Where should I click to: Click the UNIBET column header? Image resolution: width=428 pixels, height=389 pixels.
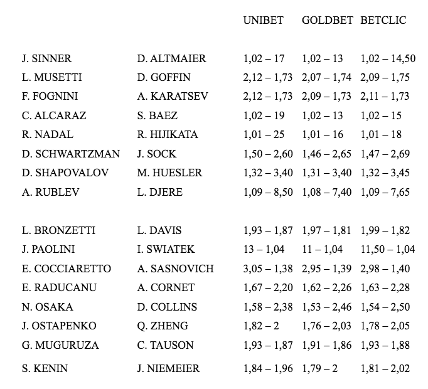pyautogui.click(x=263, y=20)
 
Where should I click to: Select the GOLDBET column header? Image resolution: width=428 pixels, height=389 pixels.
pyautogui.click(x=327, y=20)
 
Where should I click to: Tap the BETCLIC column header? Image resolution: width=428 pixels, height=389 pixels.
pyautogui.click(x=383, y=20)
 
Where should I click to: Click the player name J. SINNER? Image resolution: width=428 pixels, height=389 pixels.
pyautogui.click(x=46, y=59)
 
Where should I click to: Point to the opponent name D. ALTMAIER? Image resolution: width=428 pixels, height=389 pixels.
pyautogui.click(x=171, y=59)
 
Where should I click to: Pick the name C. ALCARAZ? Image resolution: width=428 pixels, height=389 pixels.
pyautogui.click(x=54, y=115)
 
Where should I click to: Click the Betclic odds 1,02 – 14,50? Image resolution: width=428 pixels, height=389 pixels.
pyautogui.click(x=388, y=59)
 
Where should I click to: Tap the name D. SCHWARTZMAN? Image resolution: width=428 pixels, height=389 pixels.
pyautogui.click(x=66, y=154)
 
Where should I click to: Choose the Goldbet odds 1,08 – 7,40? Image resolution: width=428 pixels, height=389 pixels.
pyautogui.click(x=326, y=192)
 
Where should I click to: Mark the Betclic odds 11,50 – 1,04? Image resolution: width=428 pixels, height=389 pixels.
pyautogui.click(x=387, y=250)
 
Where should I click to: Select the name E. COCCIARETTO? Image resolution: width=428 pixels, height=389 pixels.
pyautogui.click(x=66, y=269)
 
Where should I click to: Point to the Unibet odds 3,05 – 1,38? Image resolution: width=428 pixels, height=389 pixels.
pyautogui.click(x=267, y=269)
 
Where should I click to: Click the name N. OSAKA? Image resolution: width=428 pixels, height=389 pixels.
pyautogui.click(x=47, y=307)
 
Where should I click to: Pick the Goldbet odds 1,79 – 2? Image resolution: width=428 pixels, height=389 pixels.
pyautogui.click(x=319, y=368)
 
